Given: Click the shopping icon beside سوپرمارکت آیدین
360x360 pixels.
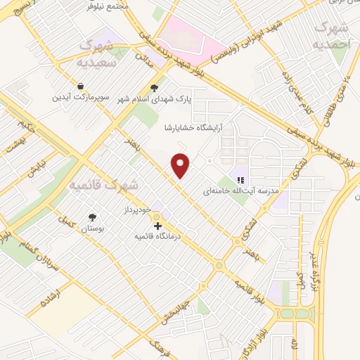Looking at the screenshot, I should pos(82,85).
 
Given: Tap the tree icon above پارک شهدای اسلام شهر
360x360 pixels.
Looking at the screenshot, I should pos(155,88).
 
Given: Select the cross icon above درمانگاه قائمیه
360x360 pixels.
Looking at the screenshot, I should pos(157,226).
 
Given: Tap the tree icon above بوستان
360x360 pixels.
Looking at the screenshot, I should pos(92,217).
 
